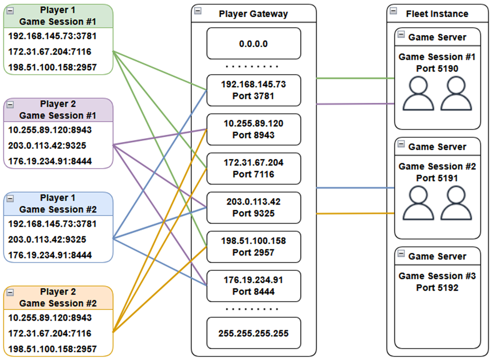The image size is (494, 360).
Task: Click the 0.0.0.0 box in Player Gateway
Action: click(254, 43)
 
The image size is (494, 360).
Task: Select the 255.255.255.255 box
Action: click(254, 333)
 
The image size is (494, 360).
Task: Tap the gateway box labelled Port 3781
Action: click(254, 90)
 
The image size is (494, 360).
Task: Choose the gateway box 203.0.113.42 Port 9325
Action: click(254, 207)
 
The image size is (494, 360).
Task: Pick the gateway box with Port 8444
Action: click(254, 286)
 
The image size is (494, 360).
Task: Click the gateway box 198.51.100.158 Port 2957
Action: click(254, 247)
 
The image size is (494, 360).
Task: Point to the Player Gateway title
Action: click(253, 14)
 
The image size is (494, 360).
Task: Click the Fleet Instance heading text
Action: click(437, 14)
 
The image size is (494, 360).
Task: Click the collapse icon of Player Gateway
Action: click(198, 11)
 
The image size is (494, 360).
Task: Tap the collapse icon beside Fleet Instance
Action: click(393, 11)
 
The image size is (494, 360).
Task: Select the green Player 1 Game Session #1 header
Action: click(58, 16)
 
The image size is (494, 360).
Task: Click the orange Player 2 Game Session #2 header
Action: click(58, 297)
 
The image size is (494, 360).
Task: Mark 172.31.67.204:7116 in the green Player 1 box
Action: click(50, 52)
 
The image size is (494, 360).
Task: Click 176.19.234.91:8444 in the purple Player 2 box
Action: click(50, 161)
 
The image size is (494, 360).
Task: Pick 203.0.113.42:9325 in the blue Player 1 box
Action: click(47, 239)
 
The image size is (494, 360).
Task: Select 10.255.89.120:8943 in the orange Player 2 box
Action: click(50, 318)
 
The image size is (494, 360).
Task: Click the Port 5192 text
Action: click(437, 288)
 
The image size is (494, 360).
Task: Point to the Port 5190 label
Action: click(437, 68)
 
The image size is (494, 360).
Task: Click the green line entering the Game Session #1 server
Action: click(355, 78)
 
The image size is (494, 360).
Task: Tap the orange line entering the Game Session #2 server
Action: click(355, 214)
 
